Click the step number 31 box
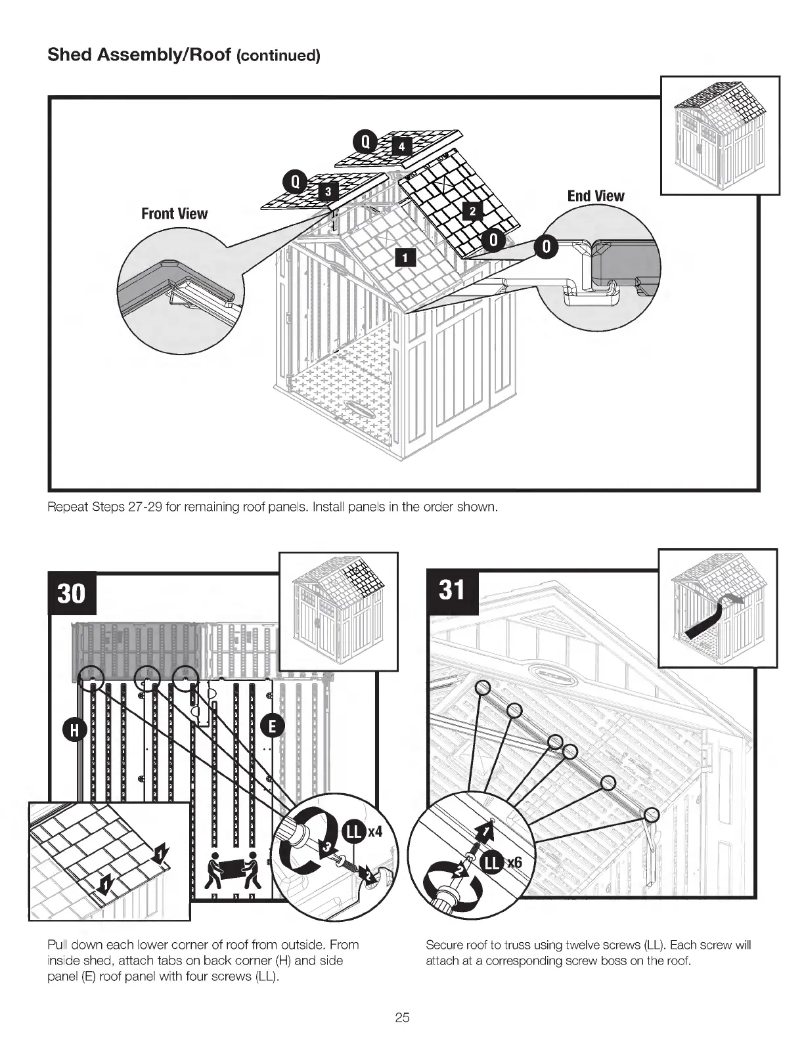(x=453, y=590)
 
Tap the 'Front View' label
(x=174, y=213)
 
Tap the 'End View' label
(x=596, y=196)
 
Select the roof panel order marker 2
(x=472, y=210)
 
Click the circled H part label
(x=74, y=730)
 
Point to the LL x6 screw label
(x=502, y=862)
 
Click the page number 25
(x=402, y=1018)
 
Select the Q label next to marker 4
(x=365, y=141)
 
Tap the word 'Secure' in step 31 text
(x=445, y=945)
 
